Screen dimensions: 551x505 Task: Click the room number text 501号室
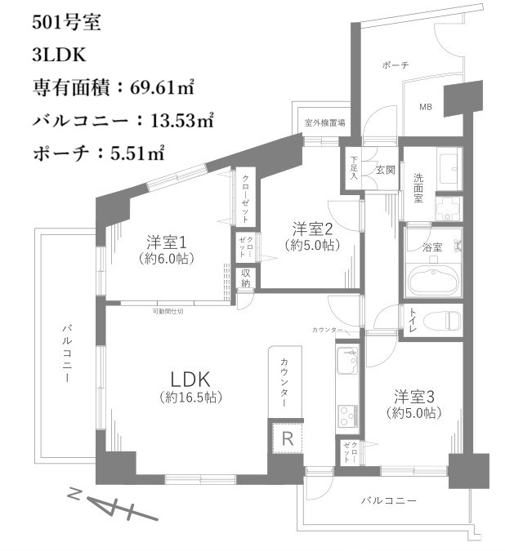pyautogui.click(x=67, y=23)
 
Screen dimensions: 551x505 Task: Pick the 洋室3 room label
pyautogui.click(x=414, y=398)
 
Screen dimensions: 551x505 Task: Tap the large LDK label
pyautogui.click(x=191, y=379)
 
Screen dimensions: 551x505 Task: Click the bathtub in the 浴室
pyautogui.click(x=432, y=280)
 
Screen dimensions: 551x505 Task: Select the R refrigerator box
pyautogui.click(x=287, y=438)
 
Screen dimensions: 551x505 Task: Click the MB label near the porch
pyautogui.click(x=426, y=107)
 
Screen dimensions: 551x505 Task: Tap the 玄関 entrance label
pyautogui.click(x=385, y=171)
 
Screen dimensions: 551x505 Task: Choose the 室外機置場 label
pyautogui.click(x=324, y=123)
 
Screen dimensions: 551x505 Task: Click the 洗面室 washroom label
pyautogui.click(x=418, y=187)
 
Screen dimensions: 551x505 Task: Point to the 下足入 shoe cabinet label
pyautogui.click(x=354, y=167)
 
